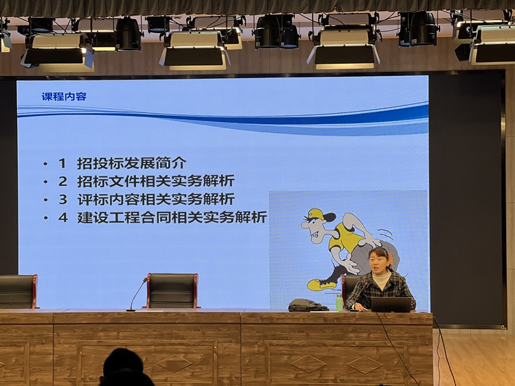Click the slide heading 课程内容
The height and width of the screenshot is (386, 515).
coord(64,97)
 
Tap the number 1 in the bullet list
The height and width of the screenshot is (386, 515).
coord(62,163)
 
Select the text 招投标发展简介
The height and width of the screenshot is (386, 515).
coord(132,163)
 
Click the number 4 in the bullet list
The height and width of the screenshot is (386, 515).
coord(62,217)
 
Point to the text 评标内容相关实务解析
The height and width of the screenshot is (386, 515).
coord(156,200)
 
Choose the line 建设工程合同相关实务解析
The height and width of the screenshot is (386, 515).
coord(172,217)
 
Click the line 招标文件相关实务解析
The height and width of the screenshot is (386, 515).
coord(156,181)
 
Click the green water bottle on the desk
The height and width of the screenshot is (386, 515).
coord(339,302)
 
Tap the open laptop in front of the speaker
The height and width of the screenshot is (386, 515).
coord(391,304)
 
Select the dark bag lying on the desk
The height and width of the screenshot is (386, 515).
coord(307,305)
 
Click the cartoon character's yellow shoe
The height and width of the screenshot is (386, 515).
coord(321,285)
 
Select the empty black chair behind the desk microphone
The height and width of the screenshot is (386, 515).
coord(172,291)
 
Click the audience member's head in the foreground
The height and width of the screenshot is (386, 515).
coord(123,365)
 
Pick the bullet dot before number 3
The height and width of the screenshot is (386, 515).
coord(45,200)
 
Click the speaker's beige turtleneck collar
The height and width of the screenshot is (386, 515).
coord(381,279)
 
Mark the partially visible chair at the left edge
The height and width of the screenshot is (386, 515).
coord(18,291)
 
